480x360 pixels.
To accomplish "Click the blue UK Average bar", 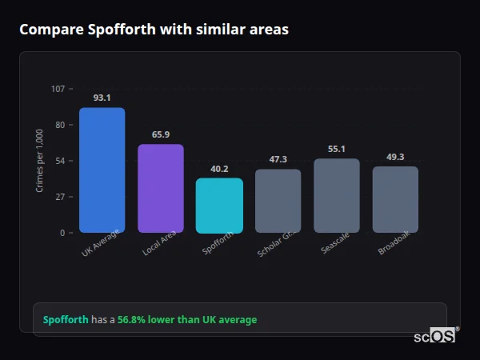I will [x=102, y=170].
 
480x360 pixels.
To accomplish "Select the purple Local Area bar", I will [x=161, y=189].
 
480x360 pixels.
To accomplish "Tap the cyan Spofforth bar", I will [x=219, y=206].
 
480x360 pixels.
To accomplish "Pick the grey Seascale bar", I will [x=337, y=196].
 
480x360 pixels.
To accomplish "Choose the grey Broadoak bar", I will [x=395, y=199].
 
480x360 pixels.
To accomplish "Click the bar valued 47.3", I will [x=278, y=201].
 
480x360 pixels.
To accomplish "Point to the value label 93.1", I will [x=102, y=98].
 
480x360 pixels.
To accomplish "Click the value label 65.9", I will [x=161, y=134].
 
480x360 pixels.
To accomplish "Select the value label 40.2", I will [x=219, y=169].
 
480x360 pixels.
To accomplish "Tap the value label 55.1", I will [x=337, y=149].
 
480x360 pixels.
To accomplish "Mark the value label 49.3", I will [x=395, y=157].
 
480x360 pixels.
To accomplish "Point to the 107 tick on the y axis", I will [x=58, y=89].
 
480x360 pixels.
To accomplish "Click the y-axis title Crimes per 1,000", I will [x=40, y=161].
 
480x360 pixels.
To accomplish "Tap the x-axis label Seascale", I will [x=334, y=245].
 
